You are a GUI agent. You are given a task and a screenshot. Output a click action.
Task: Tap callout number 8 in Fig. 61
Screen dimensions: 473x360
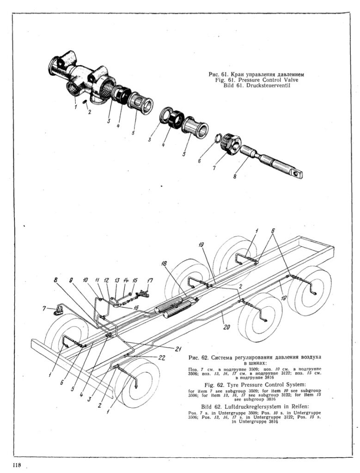tap(235, 176)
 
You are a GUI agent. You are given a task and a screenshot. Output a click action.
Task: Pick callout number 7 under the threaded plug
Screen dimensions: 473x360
tap(214, 169)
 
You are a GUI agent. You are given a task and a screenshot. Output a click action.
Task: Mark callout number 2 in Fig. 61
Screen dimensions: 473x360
tap(90, 111)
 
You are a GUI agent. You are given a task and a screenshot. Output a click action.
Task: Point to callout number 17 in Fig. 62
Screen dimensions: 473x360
tap(150, 280)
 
